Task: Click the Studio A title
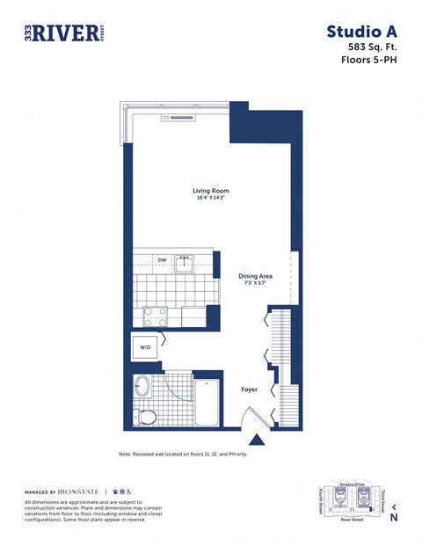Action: pos(363,32)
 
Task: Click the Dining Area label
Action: pos(255,276)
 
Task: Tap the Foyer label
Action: pos(249,388)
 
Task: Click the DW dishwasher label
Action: pos(162,260)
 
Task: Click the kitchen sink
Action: pos(185,263)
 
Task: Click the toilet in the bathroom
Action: pos(144,415)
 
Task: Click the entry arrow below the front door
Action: pos(258,440)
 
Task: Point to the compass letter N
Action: pos(393,518)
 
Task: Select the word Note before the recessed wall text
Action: pos(126,454)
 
